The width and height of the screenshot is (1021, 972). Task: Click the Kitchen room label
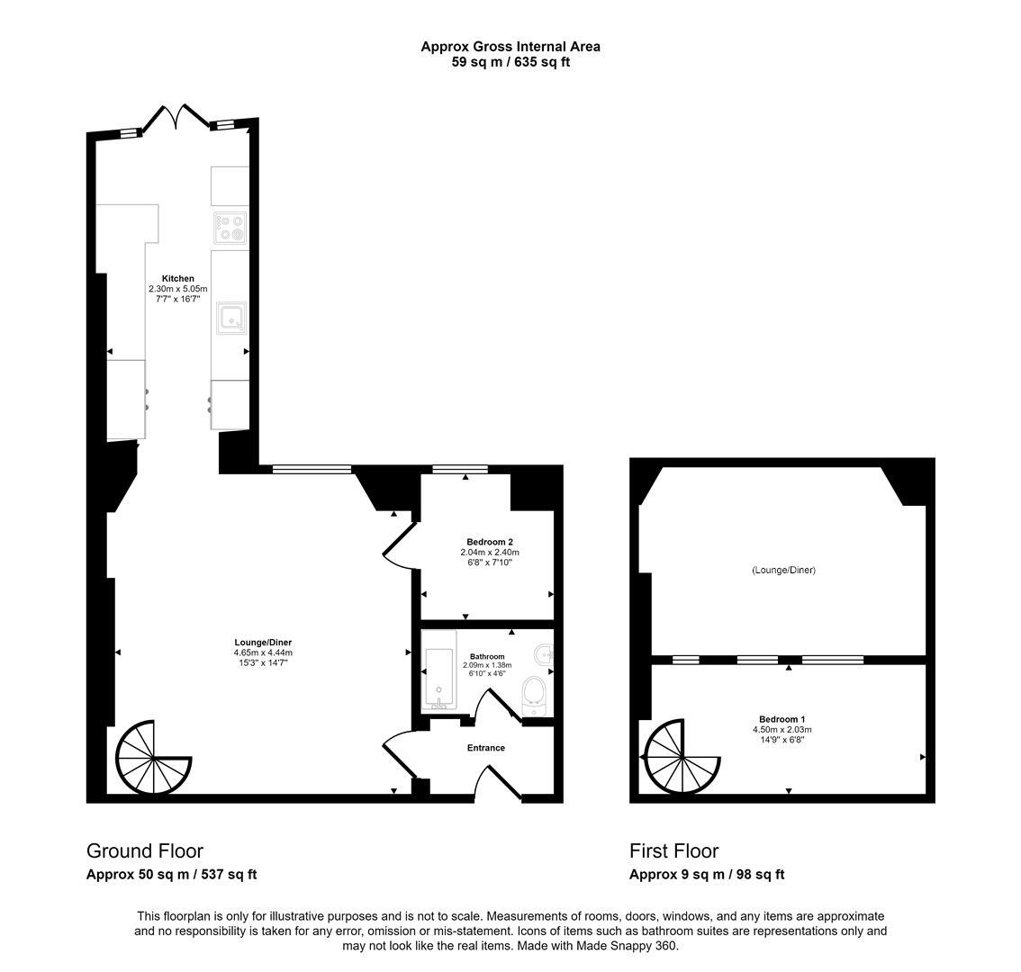click(177, 279)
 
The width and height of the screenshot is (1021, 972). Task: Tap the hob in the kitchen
click(230, 227)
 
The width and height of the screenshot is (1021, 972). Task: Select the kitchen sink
click(231, 319)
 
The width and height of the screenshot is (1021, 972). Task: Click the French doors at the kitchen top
click(176, 116)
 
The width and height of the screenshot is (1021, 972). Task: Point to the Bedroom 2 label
click(490, 542)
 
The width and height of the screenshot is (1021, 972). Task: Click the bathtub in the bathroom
click(438, 670)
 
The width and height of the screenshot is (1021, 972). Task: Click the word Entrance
click(486, 748)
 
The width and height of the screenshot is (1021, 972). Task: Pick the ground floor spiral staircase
click(154, 758)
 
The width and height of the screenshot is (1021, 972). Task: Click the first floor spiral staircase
click(681, 758)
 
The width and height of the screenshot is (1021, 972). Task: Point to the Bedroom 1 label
click(782, 719)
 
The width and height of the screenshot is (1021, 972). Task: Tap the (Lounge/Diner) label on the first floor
click(783, 571)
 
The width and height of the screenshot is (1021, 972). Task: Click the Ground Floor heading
click(145, 850)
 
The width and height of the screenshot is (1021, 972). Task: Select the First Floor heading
click(674, 850)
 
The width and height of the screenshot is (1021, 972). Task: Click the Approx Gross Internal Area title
click(510, 46)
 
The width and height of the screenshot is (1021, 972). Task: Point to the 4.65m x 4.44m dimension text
click(263, 653)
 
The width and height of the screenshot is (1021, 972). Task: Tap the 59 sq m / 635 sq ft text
click(510, 62)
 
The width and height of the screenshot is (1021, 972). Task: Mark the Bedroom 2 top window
click(460, 469)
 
